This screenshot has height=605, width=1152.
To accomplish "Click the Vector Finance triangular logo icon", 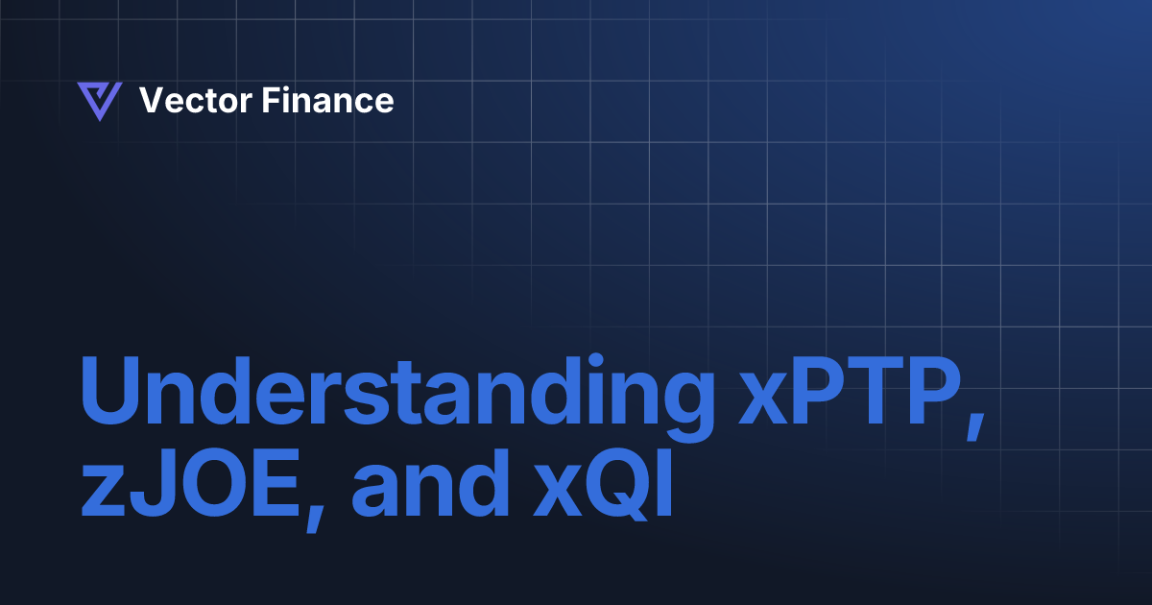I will coord(99,101).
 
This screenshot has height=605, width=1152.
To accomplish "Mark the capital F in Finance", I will coord(270,101).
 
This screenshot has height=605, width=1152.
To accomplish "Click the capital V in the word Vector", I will coord(151,101).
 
